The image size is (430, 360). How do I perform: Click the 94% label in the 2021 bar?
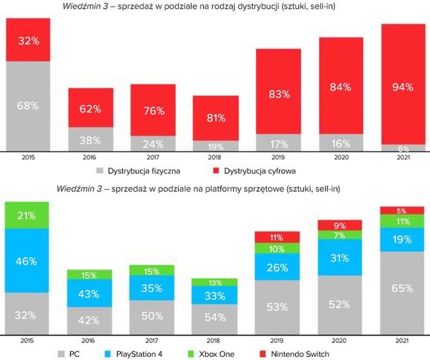coord(402,87)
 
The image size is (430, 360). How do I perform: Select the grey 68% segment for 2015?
coord(28,104)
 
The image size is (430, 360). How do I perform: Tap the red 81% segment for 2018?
coord(216,118)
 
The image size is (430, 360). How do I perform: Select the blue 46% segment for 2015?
coord(28,261)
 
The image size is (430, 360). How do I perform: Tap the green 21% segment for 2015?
coord(28,215)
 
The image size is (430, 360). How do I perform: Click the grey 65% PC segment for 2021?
coord(402,288)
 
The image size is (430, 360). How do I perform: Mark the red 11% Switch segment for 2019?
coord(277,237)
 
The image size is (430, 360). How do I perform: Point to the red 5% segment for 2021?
coord(402,210)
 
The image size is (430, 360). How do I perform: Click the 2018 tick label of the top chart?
coord(216,157)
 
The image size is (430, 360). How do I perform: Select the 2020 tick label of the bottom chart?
coord(341,339)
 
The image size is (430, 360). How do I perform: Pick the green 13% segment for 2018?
coord(216,282)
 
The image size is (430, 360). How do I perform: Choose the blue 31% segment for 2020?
coord(341,258)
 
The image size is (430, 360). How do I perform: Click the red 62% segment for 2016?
coord(91,109)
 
